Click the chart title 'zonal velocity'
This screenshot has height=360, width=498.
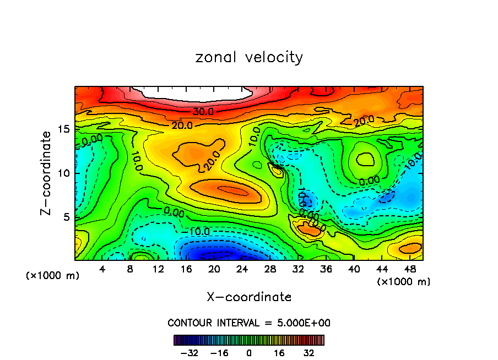(x=249, y=57)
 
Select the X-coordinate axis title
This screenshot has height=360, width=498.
(x=249, y=297)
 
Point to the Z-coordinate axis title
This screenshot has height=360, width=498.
(x=47, y=173)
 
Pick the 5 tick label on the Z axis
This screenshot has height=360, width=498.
(x=66, y=217)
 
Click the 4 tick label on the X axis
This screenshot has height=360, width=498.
(x=102, y=270)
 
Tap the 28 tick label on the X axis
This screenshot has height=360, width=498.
(x=270, y=270)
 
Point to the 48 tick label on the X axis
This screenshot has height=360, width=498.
(x=409, y=270)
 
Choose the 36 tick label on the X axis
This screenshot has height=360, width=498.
(x=326, y=270)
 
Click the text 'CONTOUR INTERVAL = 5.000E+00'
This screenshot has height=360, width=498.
(x=249, y=323)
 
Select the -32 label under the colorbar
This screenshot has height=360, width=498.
(x=188, y=353)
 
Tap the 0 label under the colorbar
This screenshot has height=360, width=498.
(x=249, y=353)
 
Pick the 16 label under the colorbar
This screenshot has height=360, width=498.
(x=279, y=353)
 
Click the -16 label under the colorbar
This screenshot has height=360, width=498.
(x=219, y=353)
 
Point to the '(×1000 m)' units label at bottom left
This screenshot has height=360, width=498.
(x=53, y=276)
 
